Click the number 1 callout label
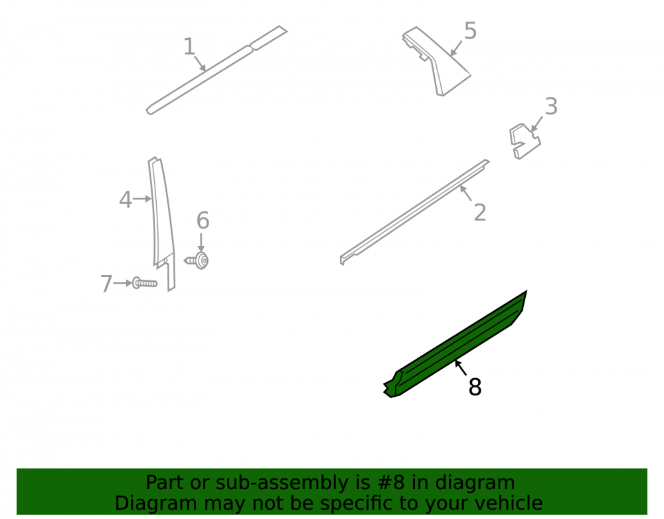click(189, 47)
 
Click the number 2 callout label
click(480, 212)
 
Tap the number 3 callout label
click(551, 106)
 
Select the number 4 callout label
click(125, 199)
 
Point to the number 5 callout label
click(471, 31)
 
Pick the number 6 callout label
click(203, 221)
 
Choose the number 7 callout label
click(106, 284)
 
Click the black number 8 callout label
click(475, 387)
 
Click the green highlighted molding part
click(456, 344)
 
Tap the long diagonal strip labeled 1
click(216, 70)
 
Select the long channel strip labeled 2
click(414, 212)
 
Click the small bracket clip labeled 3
click(525, 141)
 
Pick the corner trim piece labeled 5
click(436, 61)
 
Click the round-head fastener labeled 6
click(197, 260)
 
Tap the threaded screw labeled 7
click(145, 282)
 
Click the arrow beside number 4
click(142, 199)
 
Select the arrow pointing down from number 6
click(201, 243)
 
